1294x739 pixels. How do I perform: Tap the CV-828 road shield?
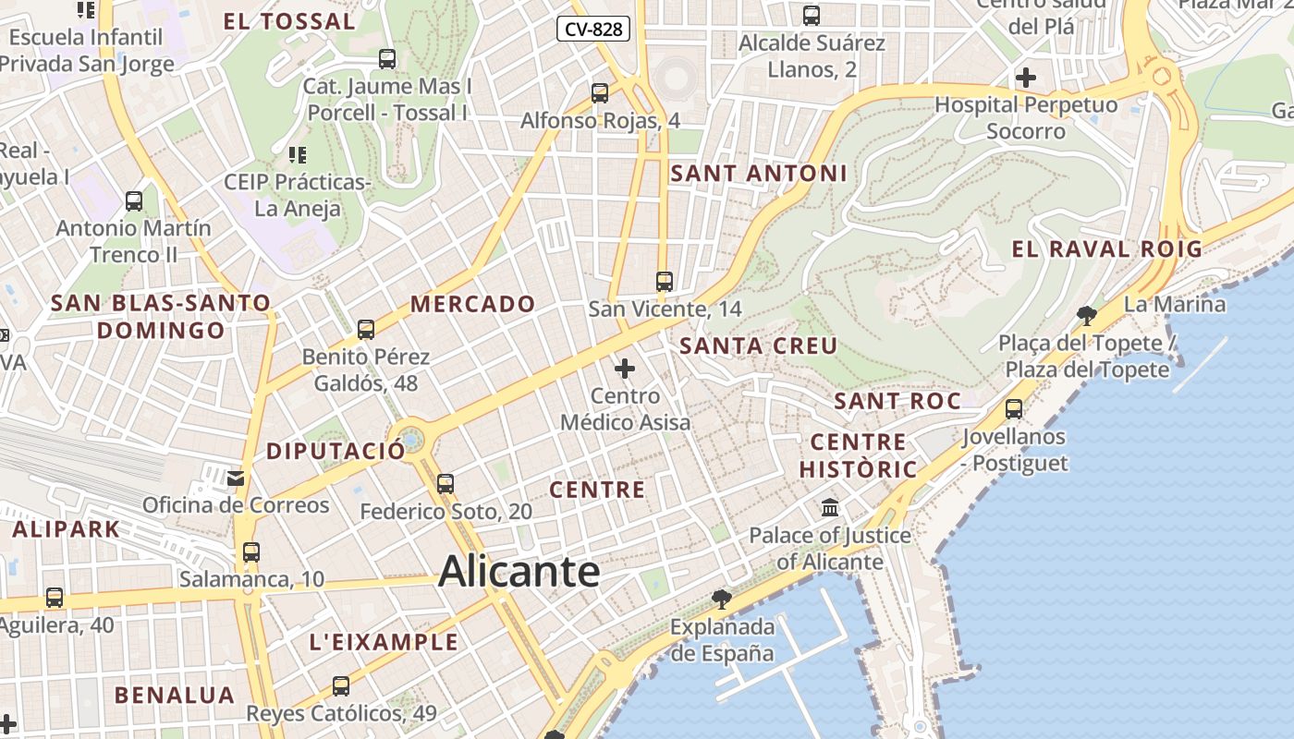click(593, 30)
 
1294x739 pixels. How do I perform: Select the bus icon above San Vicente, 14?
click(665, 282)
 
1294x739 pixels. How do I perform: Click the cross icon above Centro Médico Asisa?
click(625, 369)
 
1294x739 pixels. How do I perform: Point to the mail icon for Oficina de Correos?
click(236, 478)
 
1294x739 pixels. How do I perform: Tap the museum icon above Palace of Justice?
click(830, 508)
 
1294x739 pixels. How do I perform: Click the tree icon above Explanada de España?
click(722, 600)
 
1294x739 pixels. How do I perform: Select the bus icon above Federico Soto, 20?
click(446, 483)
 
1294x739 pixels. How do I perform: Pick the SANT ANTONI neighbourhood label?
click(758, 173)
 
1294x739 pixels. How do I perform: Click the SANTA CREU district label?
click(758, 346)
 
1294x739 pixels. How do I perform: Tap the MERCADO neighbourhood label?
click(472, 304)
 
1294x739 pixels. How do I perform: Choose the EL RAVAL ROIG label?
click(1106, 248)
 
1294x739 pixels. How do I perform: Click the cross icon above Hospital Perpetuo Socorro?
click(1026, 78)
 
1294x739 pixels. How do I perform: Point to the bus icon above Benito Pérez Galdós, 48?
click(366, 329)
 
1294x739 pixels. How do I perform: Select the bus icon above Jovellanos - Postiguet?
click(1014, 408)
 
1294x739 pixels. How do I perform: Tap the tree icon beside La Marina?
click(1087, 316)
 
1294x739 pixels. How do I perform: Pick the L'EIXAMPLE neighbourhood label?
click(384, 642)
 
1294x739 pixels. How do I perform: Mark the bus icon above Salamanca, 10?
click(251, 552)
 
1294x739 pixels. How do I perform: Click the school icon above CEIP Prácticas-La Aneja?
click(297, 154)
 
